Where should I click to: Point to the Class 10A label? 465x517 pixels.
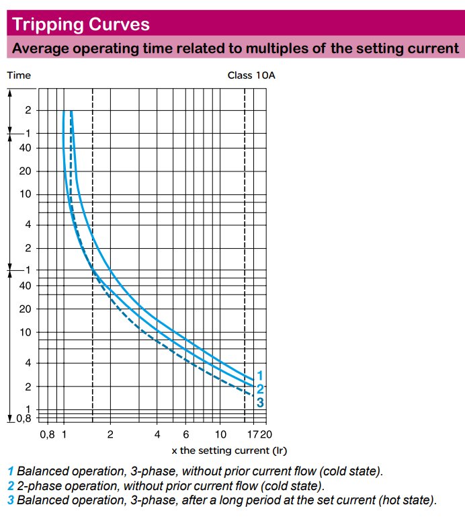(x=251, y=75)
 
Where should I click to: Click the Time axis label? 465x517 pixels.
(x=19, y=75)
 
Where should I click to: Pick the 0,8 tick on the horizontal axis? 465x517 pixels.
(x=47, y=434)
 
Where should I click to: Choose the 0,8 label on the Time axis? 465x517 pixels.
(x=24, y=418)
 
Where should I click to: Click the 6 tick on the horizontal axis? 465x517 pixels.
(x=186, y=434)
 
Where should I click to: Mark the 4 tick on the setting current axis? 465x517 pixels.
(x=157, y=434)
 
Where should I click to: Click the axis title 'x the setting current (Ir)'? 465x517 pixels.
(x=229, y=450)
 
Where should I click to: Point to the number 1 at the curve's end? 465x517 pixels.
(x=261, y=375)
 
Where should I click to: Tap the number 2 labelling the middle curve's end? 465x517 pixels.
(x=261, y=389)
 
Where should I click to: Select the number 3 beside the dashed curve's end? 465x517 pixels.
(x=261, y=402)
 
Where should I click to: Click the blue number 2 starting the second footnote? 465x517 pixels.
(x=11, y=485)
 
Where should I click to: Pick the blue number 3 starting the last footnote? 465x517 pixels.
(x=11, y=500)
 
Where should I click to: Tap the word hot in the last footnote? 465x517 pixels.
(x=380, y=500)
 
